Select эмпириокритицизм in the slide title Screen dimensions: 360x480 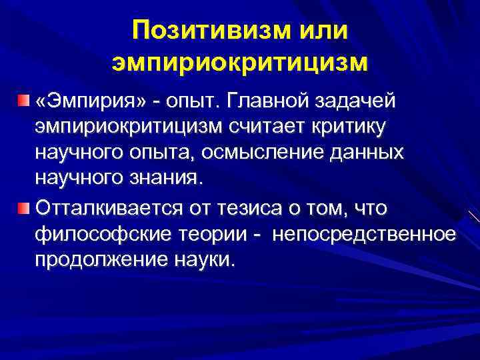[x=240, y=63]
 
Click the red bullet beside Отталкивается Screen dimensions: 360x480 [x=24, y=209]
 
